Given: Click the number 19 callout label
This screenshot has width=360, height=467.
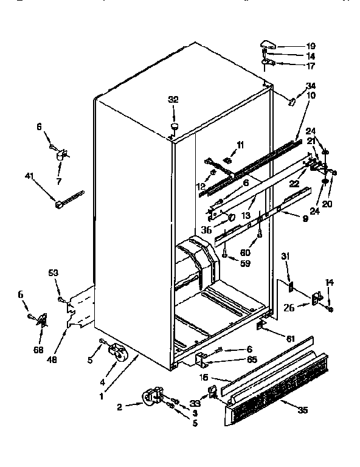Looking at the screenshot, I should tap(311, 46).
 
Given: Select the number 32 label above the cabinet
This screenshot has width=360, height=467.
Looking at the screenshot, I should tap(173, 100).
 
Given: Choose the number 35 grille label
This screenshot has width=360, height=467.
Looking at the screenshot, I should tap(302, 409).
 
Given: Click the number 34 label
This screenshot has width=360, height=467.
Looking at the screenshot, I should tap(311, 85).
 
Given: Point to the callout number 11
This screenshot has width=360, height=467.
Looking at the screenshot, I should tap(240, 145).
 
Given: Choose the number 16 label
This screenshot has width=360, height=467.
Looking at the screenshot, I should tap(206, 378).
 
